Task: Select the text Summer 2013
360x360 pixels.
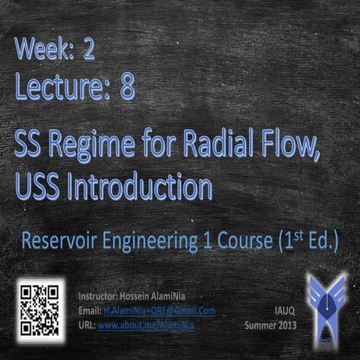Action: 271,325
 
